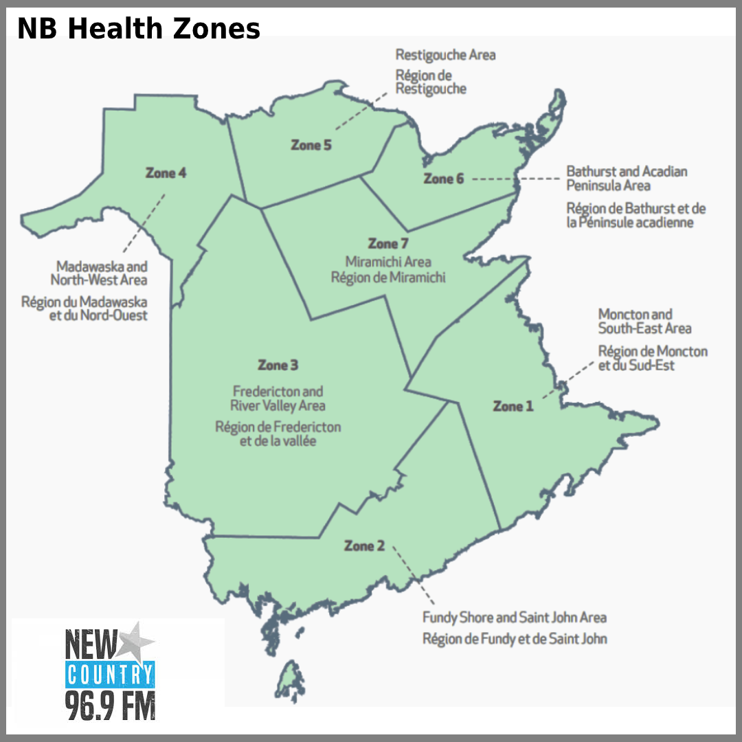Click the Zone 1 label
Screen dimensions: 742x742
point(513,407)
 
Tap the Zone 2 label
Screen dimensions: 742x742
point(364,546)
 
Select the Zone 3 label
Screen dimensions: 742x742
point(278,365)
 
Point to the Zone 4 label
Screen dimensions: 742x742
point(166,173)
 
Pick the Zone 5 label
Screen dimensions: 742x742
point(311,145)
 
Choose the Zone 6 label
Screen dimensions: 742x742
point(443,179)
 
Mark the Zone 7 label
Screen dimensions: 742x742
point(388,244)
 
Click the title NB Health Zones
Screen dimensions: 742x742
point(139,29)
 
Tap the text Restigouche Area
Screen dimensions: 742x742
point(445,54)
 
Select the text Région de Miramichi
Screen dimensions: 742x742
point(388,278)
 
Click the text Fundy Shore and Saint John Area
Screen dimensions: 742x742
point(514,617)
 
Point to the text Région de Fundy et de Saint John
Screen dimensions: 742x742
point(515,638)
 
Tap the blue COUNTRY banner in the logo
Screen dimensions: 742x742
point(110,675)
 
